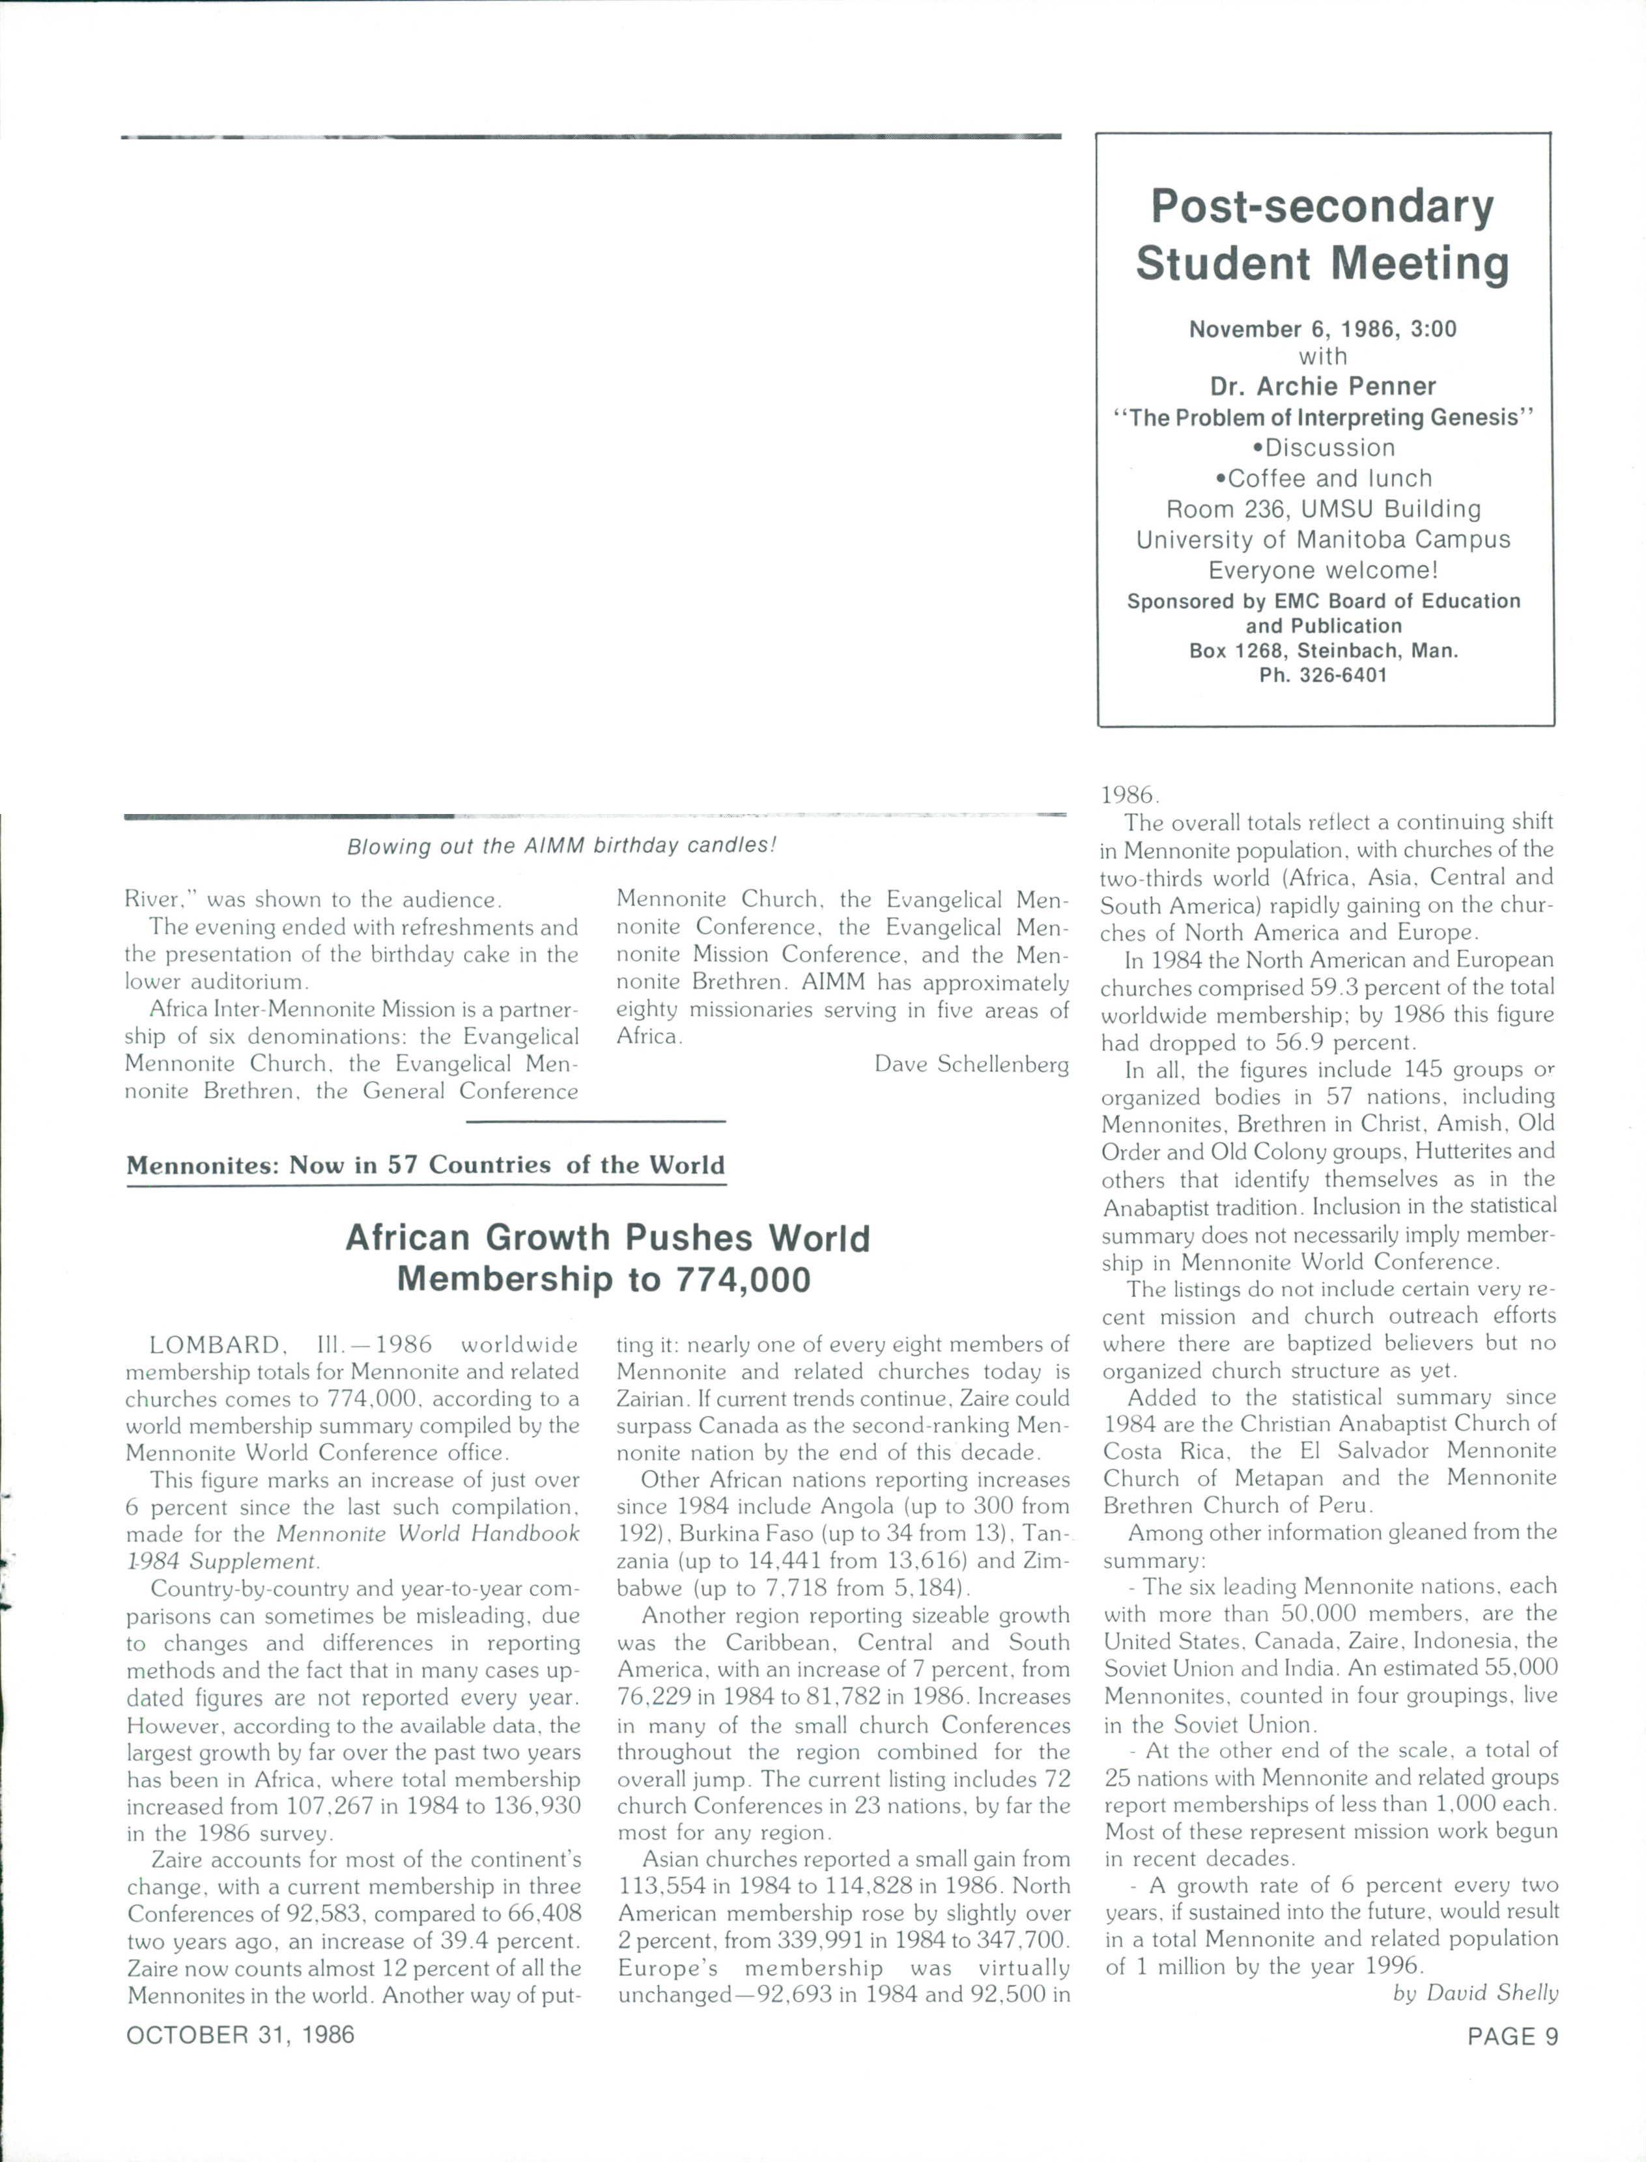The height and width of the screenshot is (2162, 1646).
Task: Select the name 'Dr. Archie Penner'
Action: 1323,386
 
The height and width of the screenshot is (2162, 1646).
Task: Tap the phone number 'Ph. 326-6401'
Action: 1323,675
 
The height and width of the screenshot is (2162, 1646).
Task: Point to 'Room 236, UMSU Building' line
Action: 1323,509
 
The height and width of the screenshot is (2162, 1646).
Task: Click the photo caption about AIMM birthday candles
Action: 561,845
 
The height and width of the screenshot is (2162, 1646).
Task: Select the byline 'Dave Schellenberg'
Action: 971,1064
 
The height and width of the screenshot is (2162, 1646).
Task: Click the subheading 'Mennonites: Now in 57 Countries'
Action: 425,1165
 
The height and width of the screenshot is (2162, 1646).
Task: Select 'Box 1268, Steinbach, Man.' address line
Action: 1323,651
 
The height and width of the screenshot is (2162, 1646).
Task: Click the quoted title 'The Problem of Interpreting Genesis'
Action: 1323,417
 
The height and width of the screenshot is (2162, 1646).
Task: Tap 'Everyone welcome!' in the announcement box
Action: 1323,570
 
